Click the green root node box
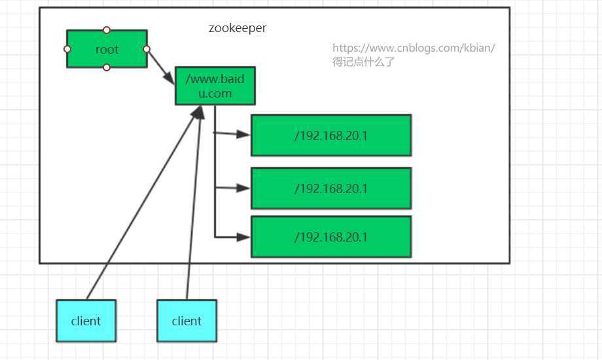[x=107, y=49]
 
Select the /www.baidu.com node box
[x=215, y=86]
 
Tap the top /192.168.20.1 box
[x=330, y=135]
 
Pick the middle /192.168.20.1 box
[x=330, y=189]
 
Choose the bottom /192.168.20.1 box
[x=330, y=236]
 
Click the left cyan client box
[x=86, y=321]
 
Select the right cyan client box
[x=186, y=321]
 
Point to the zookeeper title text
[x=238, y=28]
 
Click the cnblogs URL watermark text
[x=414, y=48]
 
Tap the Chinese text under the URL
[x=364, y=62]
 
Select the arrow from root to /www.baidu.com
[x=160, y=63]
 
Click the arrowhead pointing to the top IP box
[x=244, y=134]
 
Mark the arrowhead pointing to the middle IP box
[x=244, y=188]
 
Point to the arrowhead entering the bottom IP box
[x=244, y=236]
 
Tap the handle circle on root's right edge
[x=147, y=49]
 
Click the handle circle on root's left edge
[x=67, y=49]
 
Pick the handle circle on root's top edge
[x=107, y=30]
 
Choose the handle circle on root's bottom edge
[x=107, y=67]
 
